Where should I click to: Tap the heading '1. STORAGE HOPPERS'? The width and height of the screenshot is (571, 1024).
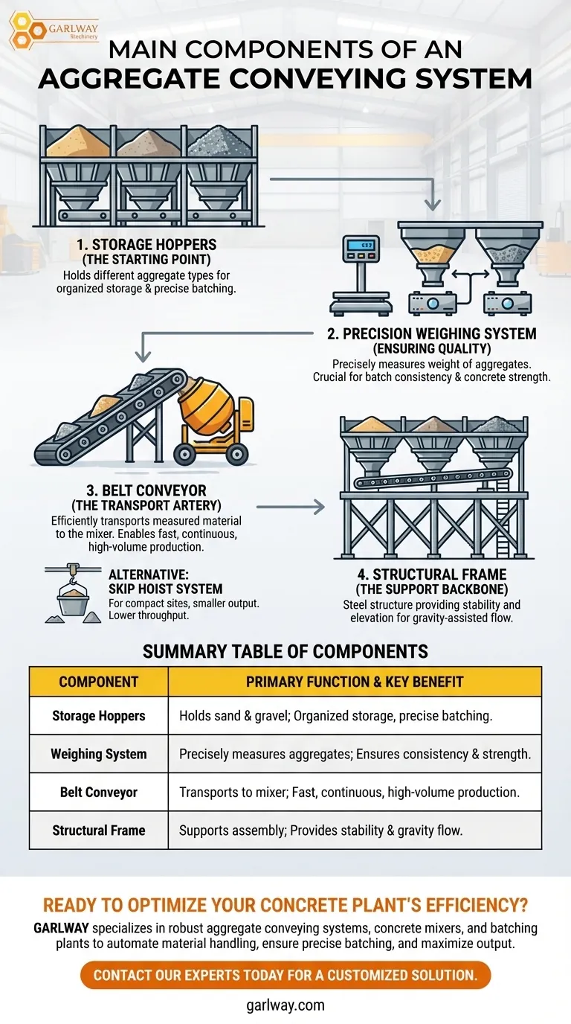click(x=146, y=244)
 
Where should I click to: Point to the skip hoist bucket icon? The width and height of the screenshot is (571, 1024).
click(x=74, y=600)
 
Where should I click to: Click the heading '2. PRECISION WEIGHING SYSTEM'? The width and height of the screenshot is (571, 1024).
click(x=431, y=333)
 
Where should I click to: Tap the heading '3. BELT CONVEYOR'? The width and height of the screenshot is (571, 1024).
click(x=146, y=492)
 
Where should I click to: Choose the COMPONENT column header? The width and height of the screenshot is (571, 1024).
click(x=99, y=682)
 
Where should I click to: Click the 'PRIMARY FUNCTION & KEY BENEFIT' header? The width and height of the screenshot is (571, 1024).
click(x=355, y=682)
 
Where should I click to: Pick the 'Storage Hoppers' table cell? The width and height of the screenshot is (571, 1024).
click(x=99, y=716)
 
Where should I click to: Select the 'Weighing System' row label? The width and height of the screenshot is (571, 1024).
click(x=99, y=754)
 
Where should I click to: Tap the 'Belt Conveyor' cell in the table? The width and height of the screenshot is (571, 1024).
click(x=99, y=792)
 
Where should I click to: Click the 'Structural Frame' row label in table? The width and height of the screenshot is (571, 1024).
click(x=99, y=830)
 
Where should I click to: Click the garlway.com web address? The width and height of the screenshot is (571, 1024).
click(x=285, y=1005)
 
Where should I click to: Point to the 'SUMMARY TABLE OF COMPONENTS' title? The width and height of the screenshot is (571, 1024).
click(x=285, y=652)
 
